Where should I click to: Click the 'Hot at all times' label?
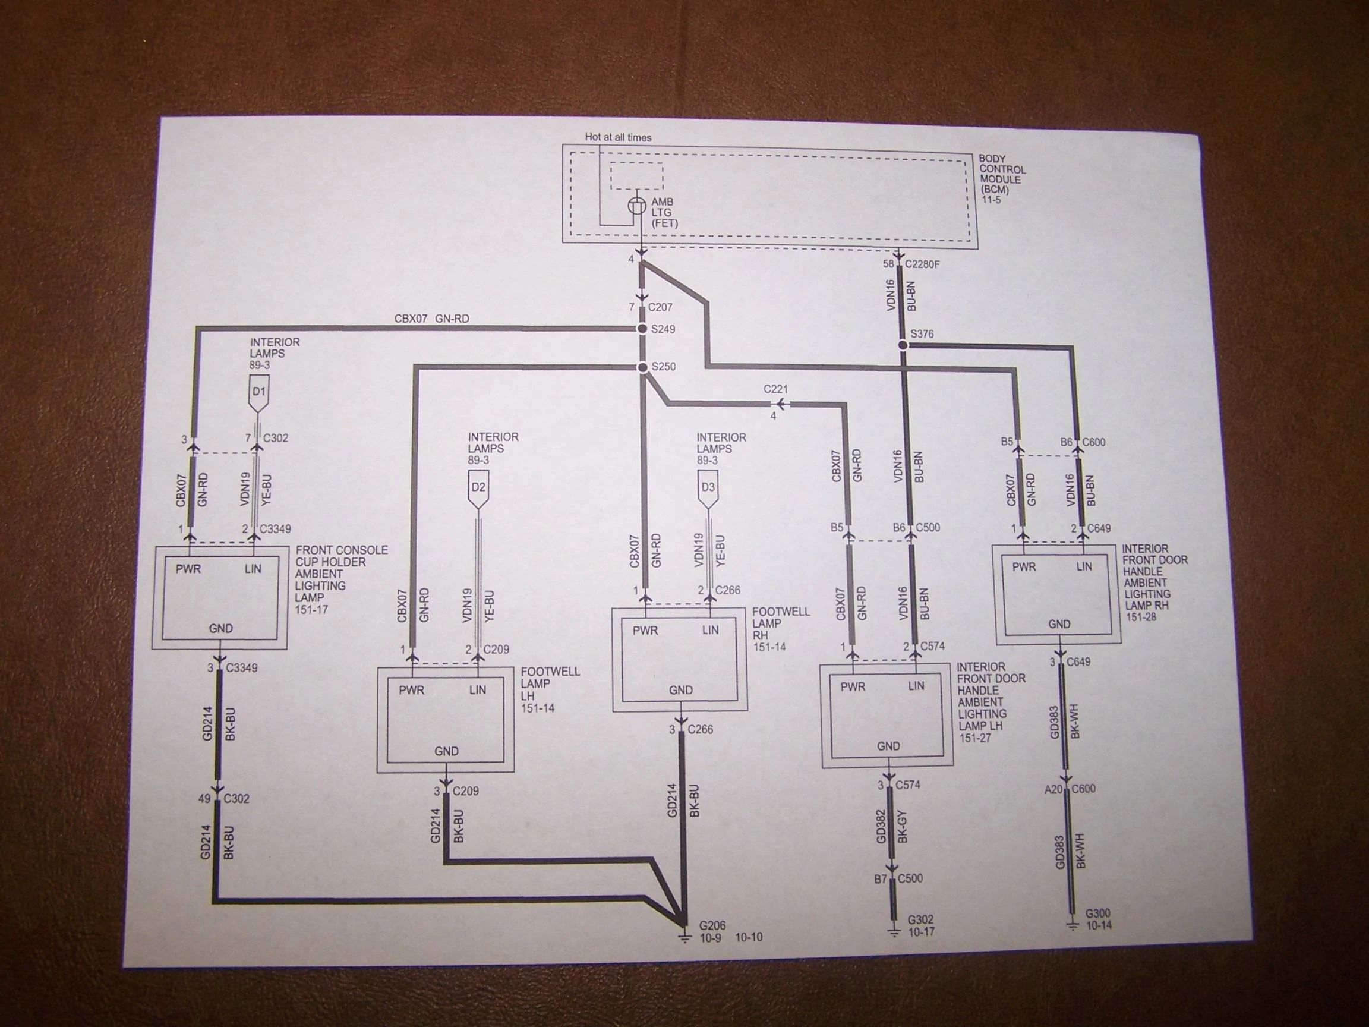click(618, 137)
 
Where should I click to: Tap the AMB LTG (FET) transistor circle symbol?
click(638, 206)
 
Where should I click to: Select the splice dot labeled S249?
click(643, 329)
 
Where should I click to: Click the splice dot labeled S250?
click(643, 367)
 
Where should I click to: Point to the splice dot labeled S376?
click(903, 345)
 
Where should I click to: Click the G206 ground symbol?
click(684, 938)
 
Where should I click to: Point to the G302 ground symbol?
click(894, 932)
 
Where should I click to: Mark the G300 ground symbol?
click(1073, 927)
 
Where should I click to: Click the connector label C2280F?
click(922, 264)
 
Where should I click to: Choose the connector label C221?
click(775, 389)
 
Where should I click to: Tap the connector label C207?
click(660, 307)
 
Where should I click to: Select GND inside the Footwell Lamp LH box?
click(446, 751)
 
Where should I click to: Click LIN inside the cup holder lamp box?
click(253, 569)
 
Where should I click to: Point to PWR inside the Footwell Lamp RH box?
click(645, 631)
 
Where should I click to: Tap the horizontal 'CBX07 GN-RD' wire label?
click(431, 319)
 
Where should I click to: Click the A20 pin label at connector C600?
click(1053, 789)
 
